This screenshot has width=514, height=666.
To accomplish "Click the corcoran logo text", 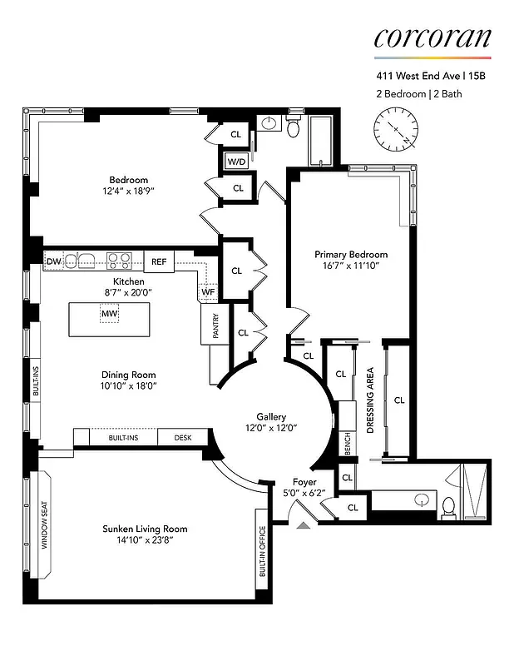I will [x=432, y=37].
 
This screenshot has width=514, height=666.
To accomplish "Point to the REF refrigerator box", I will [x=159, y=261].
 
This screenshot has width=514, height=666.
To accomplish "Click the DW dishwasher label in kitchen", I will [x=53, y=261].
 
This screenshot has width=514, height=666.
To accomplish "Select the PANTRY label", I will [x=215, y=326].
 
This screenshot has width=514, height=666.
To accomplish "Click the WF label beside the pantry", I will [x=207, y=292].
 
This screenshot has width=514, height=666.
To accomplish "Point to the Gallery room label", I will [x=271, y=417].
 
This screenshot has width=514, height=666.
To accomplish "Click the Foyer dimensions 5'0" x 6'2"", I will [x=304, y=494].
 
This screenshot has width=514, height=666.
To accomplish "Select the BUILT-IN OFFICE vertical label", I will [x=262, y=552].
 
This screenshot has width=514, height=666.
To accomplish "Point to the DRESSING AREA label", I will [x=370, y=400].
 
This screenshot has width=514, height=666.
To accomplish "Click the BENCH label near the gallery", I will [x=347, y=445].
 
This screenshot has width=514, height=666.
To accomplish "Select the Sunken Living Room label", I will [x=145, y=529].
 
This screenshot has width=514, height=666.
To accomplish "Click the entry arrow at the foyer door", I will [x=304, y=524].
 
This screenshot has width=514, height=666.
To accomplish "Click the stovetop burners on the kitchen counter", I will [x=119, y=261].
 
